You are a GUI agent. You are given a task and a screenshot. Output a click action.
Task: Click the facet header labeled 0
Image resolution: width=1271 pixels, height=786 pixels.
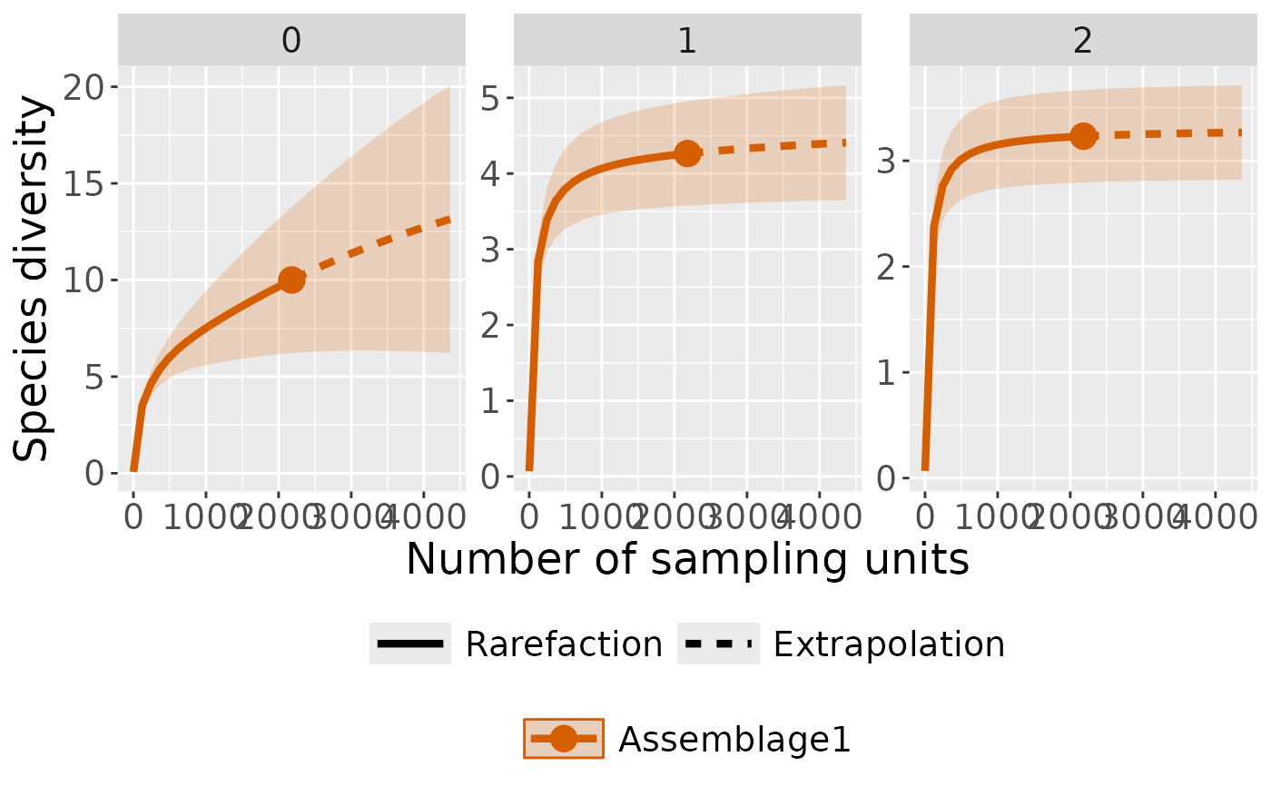pos(291,42)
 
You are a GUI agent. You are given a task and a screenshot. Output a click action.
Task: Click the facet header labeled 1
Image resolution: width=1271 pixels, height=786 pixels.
pos(687,42)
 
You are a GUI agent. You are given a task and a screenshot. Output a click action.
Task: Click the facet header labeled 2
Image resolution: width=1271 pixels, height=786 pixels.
pos(1082,42)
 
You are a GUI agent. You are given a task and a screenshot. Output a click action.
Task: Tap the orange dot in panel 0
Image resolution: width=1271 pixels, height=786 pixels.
pos(291,280)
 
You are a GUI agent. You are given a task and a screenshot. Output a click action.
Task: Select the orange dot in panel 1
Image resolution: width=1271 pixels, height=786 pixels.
pos(687,153)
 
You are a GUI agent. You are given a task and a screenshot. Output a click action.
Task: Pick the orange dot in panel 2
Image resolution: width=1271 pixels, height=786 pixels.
pos(1082,136)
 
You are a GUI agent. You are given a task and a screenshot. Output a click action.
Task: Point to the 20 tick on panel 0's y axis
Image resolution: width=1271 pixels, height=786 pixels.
pos(84,87)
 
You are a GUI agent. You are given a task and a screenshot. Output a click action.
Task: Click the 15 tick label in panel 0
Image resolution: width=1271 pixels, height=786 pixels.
pos(84,183)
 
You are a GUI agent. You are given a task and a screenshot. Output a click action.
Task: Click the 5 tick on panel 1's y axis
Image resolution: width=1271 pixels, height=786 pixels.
pos(491,98)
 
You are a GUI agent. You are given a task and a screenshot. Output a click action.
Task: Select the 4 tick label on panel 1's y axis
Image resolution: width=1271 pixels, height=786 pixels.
pos(491,173)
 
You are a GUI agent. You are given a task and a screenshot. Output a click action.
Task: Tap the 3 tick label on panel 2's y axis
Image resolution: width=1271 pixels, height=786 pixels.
pos(887,162)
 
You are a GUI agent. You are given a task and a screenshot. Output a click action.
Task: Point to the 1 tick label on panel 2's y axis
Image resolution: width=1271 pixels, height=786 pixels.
pos(887,372)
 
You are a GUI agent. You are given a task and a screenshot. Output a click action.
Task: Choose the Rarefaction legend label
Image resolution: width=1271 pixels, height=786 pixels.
pos(564,644)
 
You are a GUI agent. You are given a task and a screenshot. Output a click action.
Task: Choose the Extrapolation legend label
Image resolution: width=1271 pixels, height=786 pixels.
pos(889,644)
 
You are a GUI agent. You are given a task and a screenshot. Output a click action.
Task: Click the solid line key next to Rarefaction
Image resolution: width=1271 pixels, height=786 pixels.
pos(409,644)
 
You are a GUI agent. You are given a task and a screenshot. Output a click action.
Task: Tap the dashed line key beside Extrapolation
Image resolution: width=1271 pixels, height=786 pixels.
pos(717,644)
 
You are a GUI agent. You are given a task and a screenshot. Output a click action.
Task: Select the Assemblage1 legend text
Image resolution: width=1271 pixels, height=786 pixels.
pos(734,741)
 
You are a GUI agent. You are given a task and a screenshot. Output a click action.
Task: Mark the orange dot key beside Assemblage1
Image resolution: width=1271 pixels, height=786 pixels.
pos(563,740)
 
